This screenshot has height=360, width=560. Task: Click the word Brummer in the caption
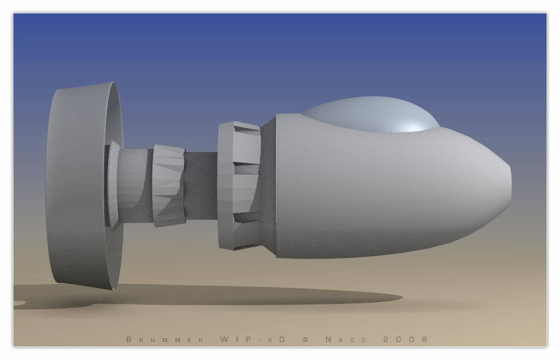(x=165, y=339)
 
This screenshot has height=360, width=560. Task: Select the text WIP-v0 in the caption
(x=253, y=339)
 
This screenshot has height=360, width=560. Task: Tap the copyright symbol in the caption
(x=305, y=339)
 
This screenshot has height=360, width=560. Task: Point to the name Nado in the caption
(x=346, y=339)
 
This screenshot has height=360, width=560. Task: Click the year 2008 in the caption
(x=405, y=339)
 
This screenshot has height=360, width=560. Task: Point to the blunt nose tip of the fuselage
(x=509, y=186)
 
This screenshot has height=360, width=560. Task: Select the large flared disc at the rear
(x=84, y=185)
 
